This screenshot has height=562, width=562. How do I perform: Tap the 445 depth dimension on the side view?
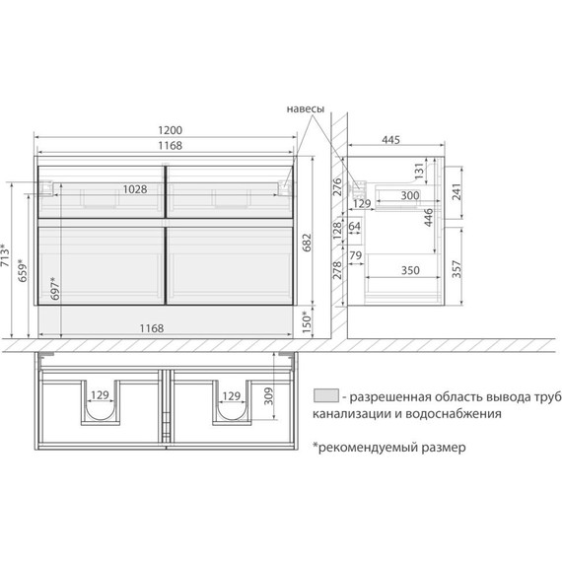pos(390,141)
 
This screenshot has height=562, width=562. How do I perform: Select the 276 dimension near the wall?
pos(336,186)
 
